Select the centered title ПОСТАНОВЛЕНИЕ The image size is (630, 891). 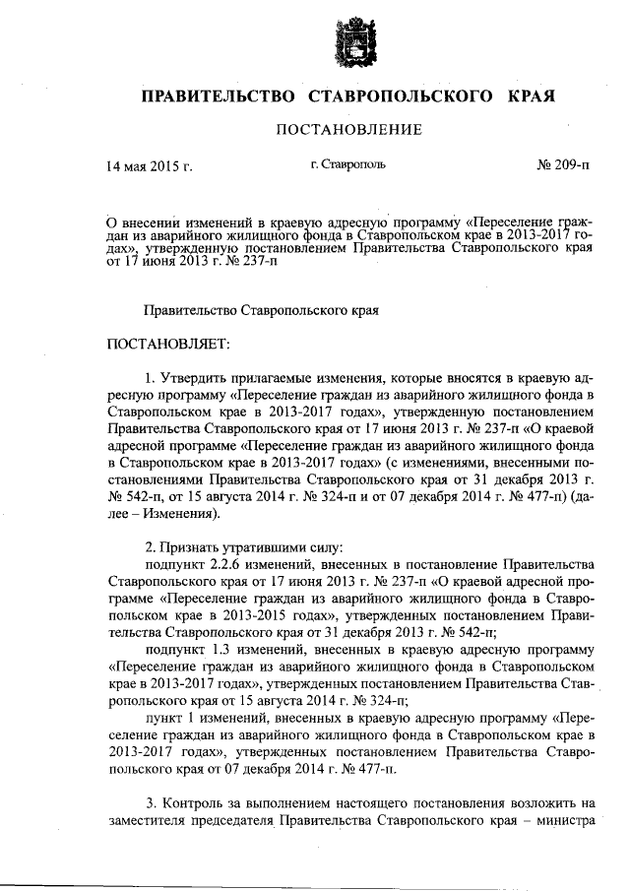(x=348, y=129)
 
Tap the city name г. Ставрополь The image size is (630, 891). (x=347, y=163)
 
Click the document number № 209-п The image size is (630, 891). (x=563, y=164)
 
